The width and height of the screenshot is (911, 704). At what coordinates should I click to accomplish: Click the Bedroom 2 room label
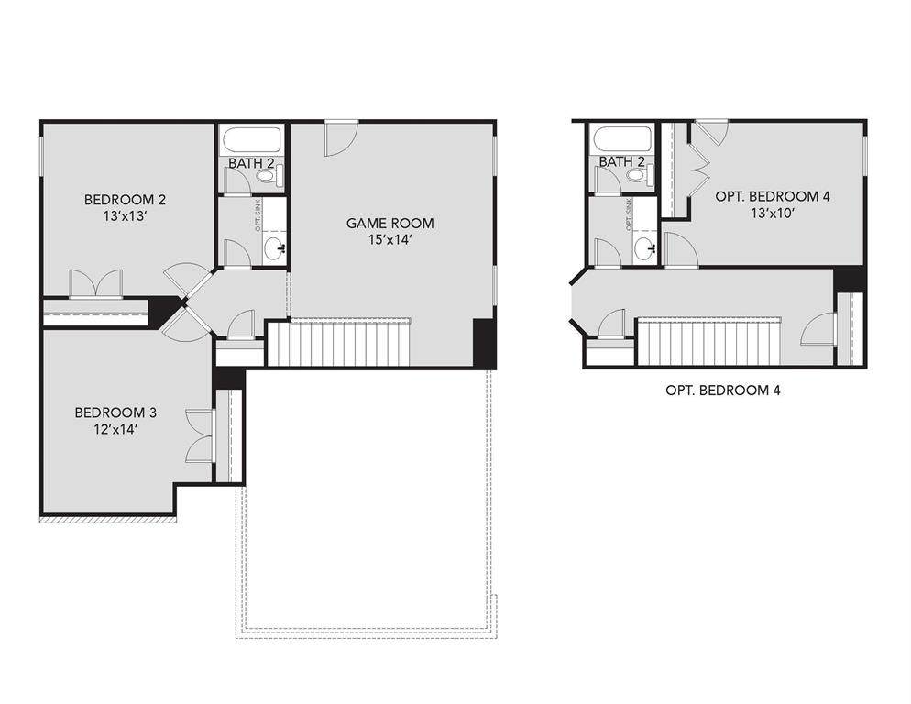pos(125,200)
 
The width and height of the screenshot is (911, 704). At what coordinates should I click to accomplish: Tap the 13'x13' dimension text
pos(125,216)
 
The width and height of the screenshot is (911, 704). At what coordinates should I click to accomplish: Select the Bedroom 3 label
pos(115,412)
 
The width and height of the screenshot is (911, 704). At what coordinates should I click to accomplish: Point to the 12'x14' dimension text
pos(115,430)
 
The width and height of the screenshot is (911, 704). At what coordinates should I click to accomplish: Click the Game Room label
pos(390,224)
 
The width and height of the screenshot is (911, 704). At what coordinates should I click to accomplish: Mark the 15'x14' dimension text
pos(390,239)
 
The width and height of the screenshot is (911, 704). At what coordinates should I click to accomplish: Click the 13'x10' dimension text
pos(772,213)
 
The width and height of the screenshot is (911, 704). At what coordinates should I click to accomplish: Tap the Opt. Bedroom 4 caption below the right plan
pos(723,390)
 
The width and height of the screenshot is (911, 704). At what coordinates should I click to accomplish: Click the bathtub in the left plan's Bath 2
pos(251,140)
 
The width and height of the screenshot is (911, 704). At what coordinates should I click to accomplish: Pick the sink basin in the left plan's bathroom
pos(274,249)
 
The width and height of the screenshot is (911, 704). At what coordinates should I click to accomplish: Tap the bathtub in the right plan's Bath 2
pos(621,140)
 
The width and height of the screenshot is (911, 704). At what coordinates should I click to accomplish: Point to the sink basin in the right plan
pos(643,249)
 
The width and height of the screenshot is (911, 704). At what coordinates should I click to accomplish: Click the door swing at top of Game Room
pos(341,138)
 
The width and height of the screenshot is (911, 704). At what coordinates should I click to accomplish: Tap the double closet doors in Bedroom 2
pos(96,284)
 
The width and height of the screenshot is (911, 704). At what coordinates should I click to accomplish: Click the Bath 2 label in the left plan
pos(251,163)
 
